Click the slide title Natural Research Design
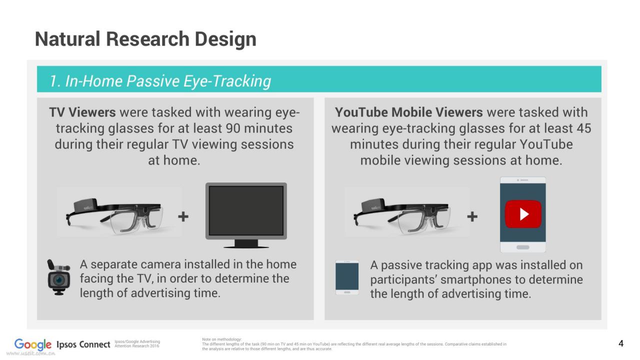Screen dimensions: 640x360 tap(145, 39)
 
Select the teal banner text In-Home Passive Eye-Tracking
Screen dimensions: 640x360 tap(168, 81)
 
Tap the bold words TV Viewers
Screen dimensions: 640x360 tap(82, 112)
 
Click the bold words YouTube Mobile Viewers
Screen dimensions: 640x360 tap(409, 112)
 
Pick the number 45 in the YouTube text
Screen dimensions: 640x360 tap(583, 128)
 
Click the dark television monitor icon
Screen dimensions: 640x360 tap(246, 215)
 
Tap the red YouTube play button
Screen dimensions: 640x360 tap(523, 214)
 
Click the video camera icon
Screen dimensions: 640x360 tap(59, 277)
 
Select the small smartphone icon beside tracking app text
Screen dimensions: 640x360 tap(347, 277)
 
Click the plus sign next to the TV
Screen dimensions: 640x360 tap(183, 216)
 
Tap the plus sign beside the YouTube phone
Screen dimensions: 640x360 tap(472, 216)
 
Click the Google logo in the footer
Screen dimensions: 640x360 tap(33, 344)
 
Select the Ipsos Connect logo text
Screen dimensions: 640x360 tap(83, 344)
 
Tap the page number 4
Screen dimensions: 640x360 tap(621, 343)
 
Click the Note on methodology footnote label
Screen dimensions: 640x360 tap(221, 339)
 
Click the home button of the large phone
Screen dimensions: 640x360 tap(523, 247)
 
